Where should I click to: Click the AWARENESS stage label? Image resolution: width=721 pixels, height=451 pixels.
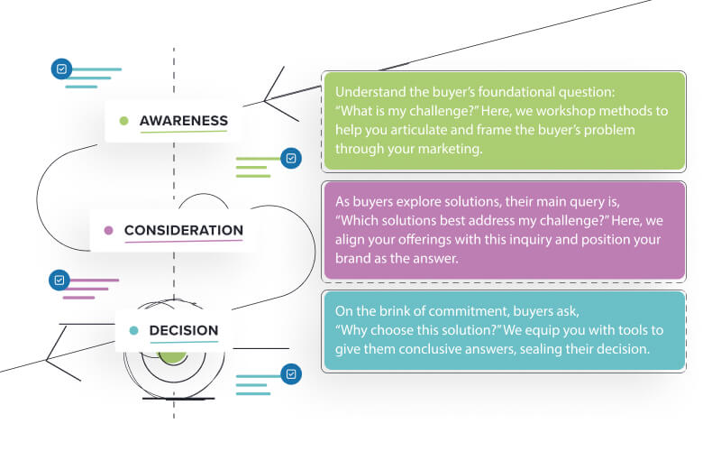point(183,121)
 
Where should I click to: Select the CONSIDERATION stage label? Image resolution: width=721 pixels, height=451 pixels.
point(183,230)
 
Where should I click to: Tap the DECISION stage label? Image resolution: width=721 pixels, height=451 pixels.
point(183,330)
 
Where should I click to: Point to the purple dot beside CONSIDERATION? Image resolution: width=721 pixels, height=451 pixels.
point(109,230)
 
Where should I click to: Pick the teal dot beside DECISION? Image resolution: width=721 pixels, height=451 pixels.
point(133,330)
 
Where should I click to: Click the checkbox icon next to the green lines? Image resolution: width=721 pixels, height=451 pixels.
point(290,159)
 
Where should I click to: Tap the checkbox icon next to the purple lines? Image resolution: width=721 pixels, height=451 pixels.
point(59,280)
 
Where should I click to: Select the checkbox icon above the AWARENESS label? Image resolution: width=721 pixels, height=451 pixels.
point(61,69)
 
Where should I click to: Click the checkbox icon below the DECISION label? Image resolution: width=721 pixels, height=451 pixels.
point(290,373)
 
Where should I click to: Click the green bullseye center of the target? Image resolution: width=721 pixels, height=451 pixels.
point(172,354)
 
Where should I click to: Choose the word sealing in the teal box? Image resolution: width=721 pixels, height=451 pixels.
point(541,348)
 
